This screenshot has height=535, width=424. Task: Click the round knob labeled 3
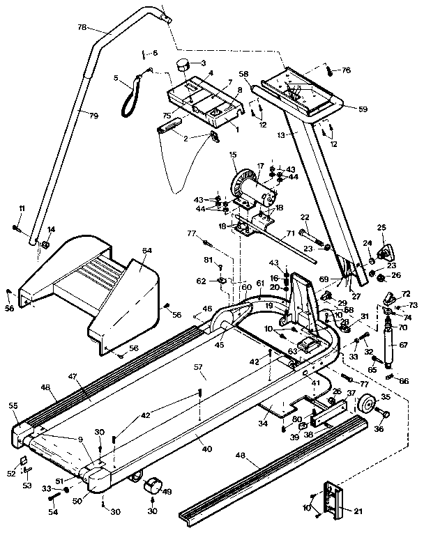pyautogui.click(x=183, y=65)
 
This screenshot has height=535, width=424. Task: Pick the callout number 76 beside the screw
pyautogui.click(x=347, y=70)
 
